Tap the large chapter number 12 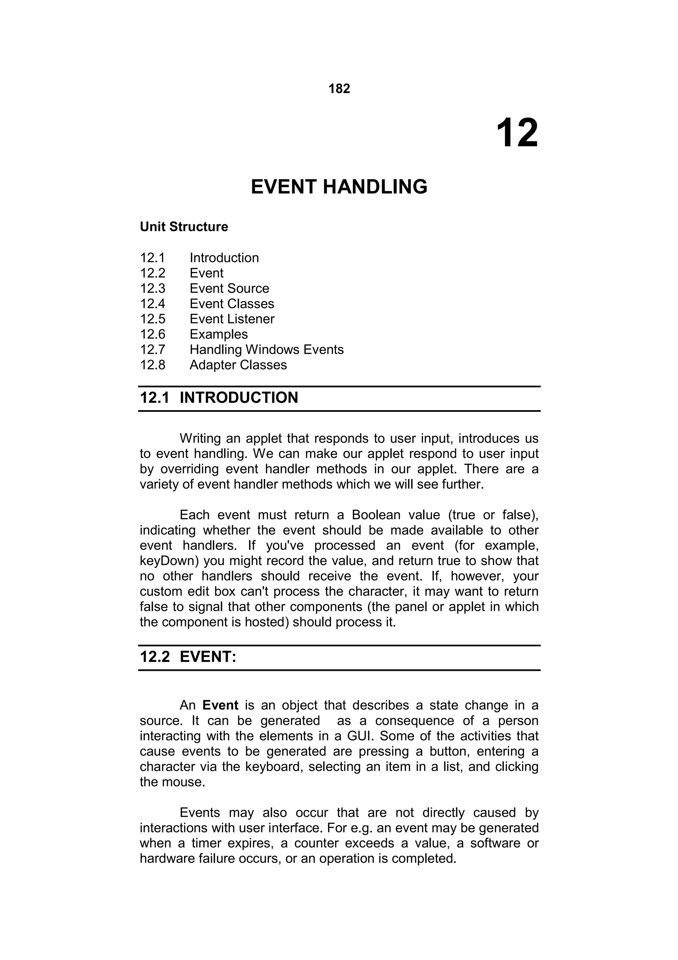click(517, 133)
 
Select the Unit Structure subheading click(184, 227)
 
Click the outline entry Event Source click(229, 288)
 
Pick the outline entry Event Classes click(232, 303)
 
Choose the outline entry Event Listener click(232, 319)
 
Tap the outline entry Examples click(218, 334)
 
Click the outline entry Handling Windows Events click(266, 349)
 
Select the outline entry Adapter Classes click(238, 365)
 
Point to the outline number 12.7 click(153, 349)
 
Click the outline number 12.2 click(153, 273)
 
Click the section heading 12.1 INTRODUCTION click(219, 398)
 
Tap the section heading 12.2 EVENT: click(188, 657)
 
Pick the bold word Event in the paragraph click(220, 705)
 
